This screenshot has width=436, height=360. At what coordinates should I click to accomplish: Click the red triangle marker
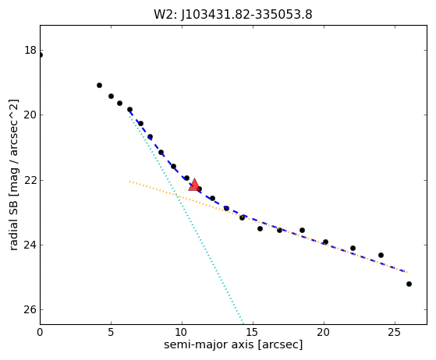(x=194, y=185)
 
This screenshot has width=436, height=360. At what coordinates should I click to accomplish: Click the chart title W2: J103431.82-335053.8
(x=233, y=14)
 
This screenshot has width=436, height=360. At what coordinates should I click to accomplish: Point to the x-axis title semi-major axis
(x=233, y=344)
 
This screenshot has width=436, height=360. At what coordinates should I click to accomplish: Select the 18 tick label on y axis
(x=30, y=51)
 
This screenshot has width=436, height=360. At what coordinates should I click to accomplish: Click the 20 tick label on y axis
(x=30, y=115)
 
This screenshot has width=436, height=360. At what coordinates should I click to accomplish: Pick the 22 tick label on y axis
(x=30, y=180)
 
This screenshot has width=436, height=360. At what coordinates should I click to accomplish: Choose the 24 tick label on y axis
(x=30, y=245)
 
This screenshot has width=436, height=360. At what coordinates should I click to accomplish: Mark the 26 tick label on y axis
(x=30, y=309)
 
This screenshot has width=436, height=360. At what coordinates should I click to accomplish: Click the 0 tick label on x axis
(x=40, y=332)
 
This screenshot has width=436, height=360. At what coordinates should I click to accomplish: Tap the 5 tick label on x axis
(x=111, y=332)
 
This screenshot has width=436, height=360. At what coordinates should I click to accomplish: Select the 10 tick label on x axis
(x=182, y=332)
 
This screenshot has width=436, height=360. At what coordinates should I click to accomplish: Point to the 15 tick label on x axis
(x=253, y=332)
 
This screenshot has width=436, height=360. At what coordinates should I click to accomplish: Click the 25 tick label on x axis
(x=395, y=332)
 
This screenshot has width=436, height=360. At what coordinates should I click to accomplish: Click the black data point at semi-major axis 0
(x=41, y=55)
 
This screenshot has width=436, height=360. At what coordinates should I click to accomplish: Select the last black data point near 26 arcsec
(x=409, y=284)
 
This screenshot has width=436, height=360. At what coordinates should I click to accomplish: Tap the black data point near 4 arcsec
(x=99, y=85)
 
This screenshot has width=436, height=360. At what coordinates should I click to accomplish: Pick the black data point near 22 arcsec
(x=353, y=248)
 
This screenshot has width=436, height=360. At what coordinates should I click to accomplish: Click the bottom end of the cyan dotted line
(x=243, y=323)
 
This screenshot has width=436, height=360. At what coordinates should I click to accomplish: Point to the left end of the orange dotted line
(x=129, y=182)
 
